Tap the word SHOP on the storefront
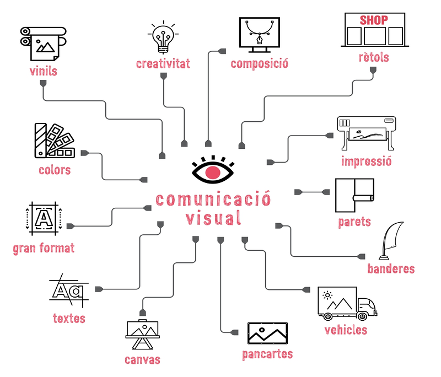(374, 20)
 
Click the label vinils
(44, 71)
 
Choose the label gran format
(44, 248)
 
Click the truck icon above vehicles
(347, 304)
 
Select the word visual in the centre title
(213, 218)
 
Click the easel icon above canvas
(143, 333)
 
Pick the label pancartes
(267, 354)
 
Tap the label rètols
(374, 57)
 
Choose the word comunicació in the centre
(213, 199)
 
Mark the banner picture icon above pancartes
(267, 332)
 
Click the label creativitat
(163, 64)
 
